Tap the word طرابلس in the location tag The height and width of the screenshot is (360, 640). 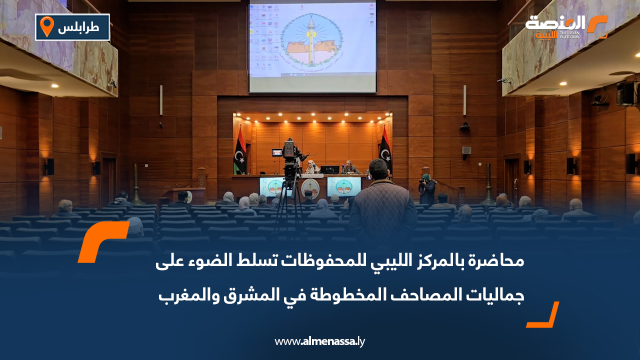pos(78,28)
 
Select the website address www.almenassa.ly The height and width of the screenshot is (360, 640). pos(320,341)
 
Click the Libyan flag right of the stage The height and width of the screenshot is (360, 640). pos(384,148)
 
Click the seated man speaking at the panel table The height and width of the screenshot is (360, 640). pos(348,167)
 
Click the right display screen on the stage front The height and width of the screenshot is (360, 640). pos(344,186)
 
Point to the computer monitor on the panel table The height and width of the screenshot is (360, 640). pos(329,169)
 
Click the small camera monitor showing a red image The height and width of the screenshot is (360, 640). pos(276,152)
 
